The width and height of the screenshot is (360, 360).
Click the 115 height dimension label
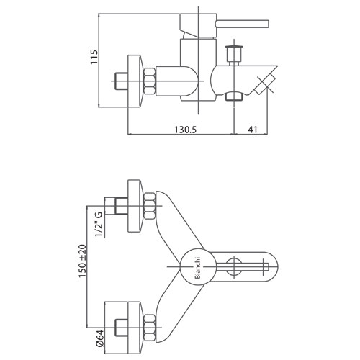[x=94, y=57]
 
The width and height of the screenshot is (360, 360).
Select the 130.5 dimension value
[x=185, y=130]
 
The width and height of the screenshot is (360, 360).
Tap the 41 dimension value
[x=253, y=130]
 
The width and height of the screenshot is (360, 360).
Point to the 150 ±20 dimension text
[x=82, y=261]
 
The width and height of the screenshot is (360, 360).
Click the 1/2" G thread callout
[x=99, y=225]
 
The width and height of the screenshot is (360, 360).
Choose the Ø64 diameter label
[x=99, y=338]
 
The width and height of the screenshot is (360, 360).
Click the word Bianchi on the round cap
[x=197, y=268]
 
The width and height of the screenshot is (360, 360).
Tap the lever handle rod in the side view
[x=242, y=24]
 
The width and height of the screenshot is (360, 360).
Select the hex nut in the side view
[x=150, y=81]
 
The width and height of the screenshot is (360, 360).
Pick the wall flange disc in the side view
[x=135, y=81]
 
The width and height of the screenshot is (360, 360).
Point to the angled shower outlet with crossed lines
[x=264, y=84]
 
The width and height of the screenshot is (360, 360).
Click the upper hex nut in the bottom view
[x=150, y=206]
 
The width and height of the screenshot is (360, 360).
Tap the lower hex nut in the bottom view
[x=150, y=327]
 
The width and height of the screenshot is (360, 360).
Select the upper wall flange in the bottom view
[x=135, y=206]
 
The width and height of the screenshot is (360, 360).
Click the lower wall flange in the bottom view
[x=135, y=327]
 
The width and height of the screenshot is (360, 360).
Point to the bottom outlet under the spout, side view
[x=234, y=96]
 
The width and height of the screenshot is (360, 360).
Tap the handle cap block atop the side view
[x=198, y=26]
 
